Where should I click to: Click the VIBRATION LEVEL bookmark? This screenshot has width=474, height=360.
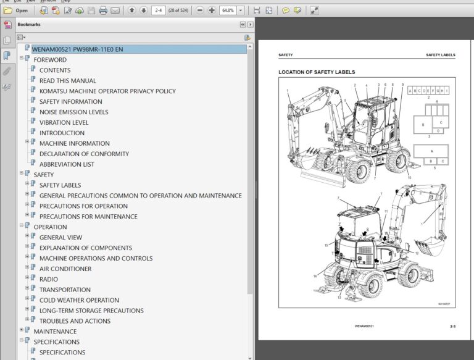(x=64, y=122)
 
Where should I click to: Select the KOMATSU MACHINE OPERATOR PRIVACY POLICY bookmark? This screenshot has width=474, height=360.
(x=107, y=91)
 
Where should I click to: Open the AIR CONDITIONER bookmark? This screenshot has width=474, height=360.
(x=65, y=269)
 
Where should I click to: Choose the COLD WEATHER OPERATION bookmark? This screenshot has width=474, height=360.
(x=79, y=300)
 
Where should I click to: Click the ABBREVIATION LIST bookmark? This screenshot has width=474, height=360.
(x=67, y=164)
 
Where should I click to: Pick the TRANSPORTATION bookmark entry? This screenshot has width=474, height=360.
(x=65, y=290)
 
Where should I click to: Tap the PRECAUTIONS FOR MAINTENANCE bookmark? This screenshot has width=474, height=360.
(x=88, y=216)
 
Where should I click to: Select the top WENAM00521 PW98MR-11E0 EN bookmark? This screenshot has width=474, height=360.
(x=77, y=49)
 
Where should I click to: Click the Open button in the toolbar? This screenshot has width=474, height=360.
(x=17, y=10)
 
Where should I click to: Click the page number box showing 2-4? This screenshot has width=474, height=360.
(x=158, y=10)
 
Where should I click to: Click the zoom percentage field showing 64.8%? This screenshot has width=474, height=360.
(x=227, y=10)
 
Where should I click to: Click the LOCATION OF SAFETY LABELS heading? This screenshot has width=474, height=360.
(x=317, y=72)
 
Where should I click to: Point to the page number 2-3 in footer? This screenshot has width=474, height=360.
(x=452, y=326)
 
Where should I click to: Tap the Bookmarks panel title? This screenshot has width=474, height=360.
(x=28, y=24)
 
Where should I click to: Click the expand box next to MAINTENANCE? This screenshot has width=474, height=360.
(x=22, y=332)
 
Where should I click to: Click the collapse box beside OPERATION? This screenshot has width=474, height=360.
(x=22, y=227)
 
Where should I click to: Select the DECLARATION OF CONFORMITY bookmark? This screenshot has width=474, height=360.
(x=84, y=154)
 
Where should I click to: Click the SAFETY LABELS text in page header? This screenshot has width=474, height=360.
(x=441, y=55)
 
